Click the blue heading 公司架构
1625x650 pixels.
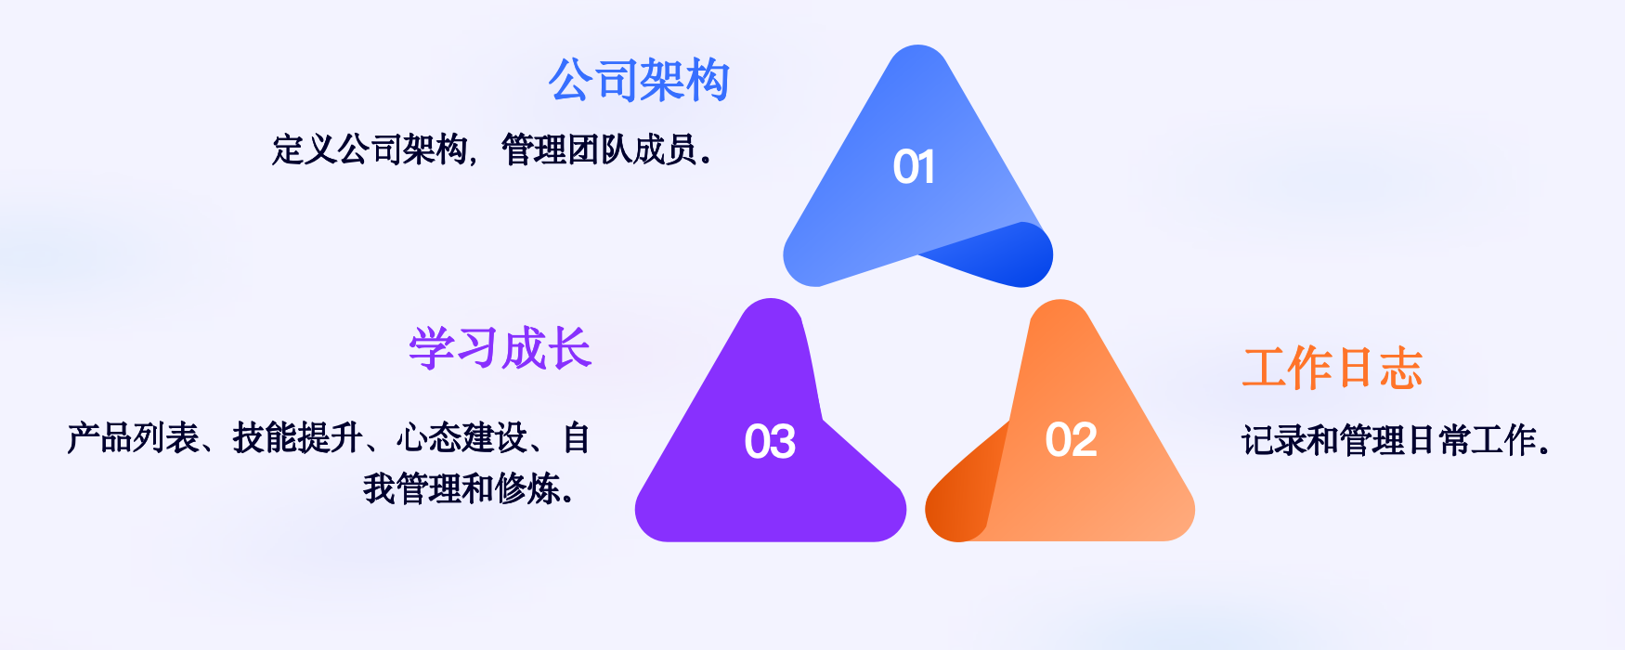(639, 81)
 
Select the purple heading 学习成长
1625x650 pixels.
(500, 349)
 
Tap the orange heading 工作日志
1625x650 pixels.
(1332, 369)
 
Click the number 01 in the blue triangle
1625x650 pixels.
(914, 167)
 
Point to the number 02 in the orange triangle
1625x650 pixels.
(1071, 439)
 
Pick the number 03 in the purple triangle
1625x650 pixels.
(770, 441)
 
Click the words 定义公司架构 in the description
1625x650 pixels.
(370, 149)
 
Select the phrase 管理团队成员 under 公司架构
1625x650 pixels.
(599, 149)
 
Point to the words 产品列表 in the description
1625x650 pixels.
(133, 438)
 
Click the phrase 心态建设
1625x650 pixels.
(461, 438)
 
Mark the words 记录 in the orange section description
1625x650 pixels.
(1273, 440)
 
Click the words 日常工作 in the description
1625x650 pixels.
(1472, 440)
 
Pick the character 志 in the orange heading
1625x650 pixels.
(1400, 369)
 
